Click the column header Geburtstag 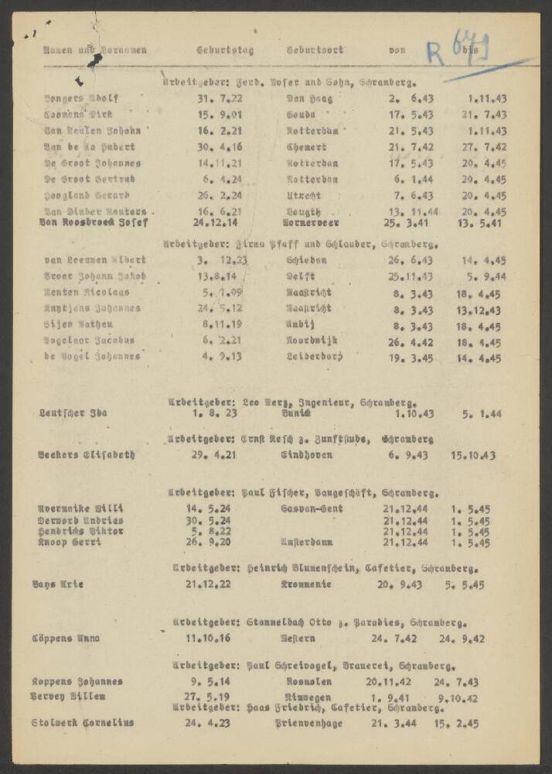[225, 50]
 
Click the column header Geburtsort [315, 50]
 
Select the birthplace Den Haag [309, 98]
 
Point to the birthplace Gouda [304, 115]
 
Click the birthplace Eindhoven [307, 455]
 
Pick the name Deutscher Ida [73, 413]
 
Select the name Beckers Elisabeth [87, 455]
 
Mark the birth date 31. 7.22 [215, 98]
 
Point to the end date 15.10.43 [473, 455]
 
